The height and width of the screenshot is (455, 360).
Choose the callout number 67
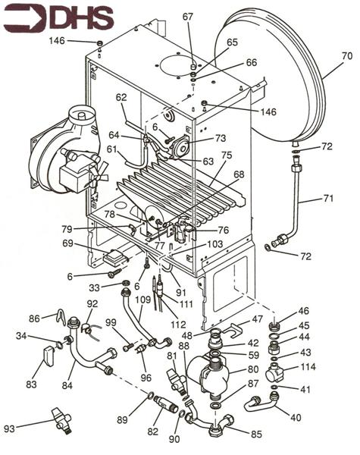(x=188, y=16)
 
